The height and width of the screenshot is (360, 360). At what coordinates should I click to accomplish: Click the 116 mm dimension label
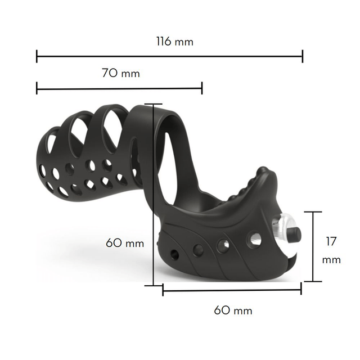175,42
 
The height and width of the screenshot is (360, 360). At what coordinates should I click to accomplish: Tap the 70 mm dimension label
121,73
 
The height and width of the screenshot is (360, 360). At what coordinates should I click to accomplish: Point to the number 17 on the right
331,241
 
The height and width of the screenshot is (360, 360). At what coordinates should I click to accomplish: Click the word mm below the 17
331,260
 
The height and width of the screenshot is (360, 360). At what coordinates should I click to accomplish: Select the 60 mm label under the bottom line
233,310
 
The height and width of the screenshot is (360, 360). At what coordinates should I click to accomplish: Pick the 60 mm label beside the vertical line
125,243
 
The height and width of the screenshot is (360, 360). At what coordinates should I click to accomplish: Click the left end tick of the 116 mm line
37,56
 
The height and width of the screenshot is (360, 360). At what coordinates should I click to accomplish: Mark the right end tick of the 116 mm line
303,56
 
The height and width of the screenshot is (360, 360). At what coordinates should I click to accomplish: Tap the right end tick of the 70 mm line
202,88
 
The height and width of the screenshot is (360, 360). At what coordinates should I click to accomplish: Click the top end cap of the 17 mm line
313,212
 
